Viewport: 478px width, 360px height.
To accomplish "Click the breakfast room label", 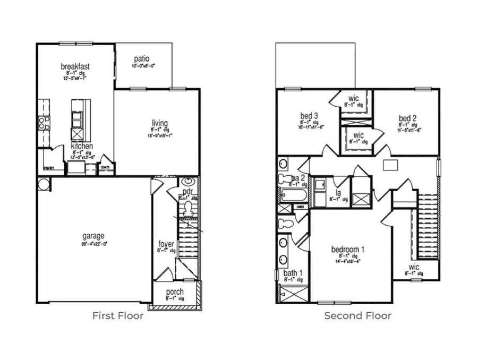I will click(x=74, y=66).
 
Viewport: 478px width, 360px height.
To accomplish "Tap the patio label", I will click(x=141, y=58).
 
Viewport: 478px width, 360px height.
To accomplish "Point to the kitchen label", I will click(x=82, y=146).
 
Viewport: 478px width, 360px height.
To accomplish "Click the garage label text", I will click(x=93, y=236).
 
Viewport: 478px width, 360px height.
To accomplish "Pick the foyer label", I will click(x=166, y=244).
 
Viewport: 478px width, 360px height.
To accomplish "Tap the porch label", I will click(x=175, y=292).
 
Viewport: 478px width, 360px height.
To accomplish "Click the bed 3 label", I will click(x=309, y=116).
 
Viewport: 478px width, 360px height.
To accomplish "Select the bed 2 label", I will click(x=407, y=117).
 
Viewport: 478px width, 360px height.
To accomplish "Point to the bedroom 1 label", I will click(x=348, y=250).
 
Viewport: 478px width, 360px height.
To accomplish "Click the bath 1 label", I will click(x=293, y=273).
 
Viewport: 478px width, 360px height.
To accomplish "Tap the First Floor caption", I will click(x=118, y=316).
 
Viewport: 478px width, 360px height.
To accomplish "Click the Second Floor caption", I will click(x=358, y=316).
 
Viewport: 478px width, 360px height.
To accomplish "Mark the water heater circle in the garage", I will click(x=44, y=184).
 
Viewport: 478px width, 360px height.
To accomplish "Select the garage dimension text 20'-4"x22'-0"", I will click(x=93, y=244).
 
